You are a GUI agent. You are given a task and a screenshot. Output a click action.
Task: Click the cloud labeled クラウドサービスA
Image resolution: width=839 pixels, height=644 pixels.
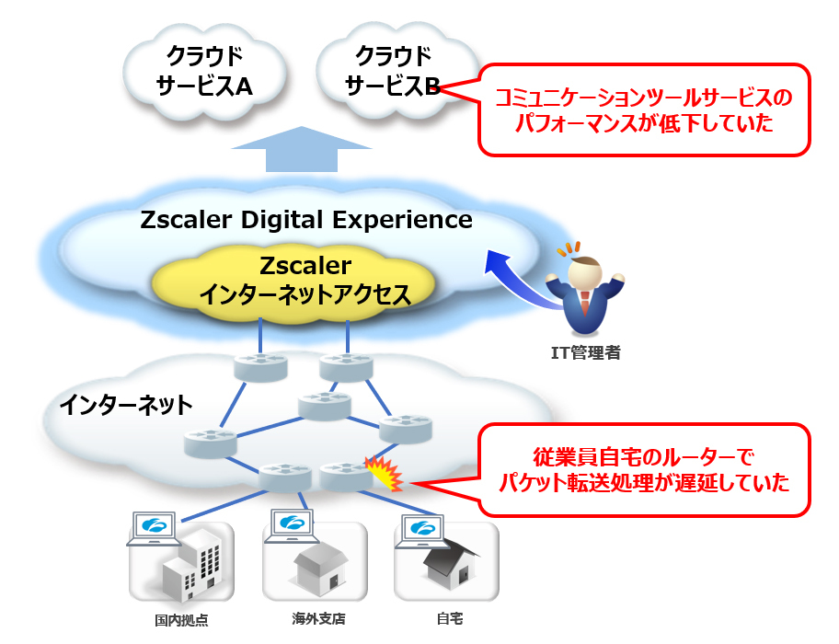pos(203,70)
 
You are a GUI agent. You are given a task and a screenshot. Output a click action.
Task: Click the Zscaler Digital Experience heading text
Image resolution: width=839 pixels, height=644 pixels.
pos(306,221)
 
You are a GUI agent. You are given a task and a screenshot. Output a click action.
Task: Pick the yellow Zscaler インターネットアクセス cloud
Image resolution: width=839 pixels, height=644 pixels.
pos(305,281)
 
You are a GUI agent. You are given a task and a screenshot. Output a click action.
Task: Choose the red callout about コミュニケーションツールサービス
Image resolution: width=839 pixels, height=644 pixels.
pos(643,109)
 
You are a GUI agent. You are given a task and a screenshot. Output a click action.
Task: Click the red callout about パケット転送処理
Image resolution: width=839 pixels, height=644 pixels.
pos(643,469)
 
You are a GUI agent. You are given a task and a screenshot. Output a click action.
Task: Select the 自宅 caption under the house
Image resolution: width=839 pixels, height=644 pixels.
pos(444,618)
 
